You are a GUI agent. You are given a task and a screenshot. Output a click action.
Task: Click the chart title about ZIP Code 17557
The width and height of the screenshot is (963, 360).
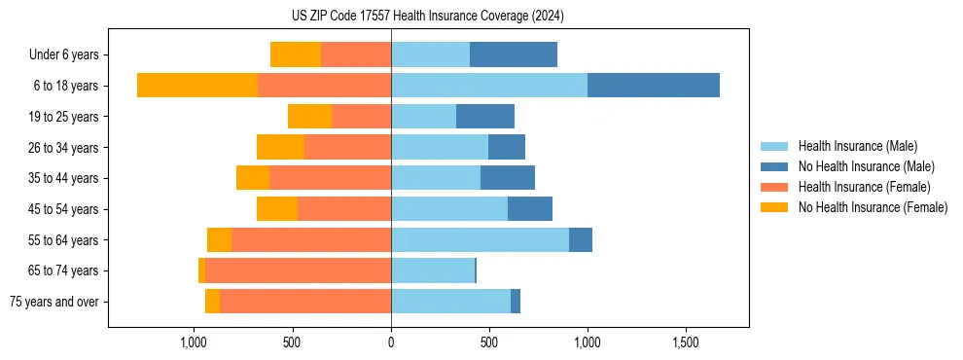(427, 17)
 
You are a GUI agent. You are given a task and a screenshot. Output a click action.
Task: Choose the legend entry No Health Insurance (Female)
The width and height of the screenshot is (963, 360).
(872, 207)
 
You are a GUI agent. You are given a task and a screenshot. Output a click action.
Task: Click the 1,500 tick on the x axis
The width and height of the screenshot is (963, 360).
(686, 342)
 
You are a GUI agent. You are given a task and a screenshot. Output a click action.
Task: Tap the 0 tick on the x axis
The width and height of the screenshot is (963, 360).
(391, 342)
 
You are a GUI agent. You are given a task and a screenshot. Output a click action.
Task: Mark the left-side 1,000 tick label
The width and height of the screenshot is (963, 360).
(194, 342)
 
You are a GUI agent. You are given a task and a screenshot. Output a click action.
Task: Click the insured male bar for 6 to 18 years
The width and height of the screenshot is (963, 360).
(489, 86)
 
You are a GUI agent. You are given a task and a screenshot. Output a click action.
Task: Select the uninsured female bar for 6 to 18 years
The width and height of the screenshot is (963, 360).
(197, 86)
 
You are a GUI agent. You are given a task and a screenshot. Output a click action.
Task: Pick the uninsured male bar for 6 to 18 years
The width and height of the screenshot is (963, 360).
(654, 86)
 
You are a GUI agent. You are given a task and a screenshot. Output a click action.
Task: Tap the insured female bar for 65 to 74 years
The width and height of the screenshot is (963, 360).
(298, 270)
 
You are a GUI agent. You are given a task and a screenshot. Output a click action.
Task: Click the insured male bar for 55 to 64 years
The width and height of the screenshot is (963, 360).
(480, 239)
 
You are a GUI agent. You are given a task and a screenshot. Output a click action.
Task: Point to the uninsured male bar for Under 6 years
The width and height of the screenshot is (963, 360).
(514, 55)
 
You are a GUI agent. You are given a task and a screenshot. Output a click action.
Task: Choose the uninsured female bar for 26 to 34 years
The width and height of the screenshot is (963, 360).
(280, 147)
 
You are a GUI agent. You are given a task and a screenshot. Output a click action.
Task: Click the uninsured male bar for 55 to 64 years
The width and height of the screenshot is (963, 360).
(581, 239)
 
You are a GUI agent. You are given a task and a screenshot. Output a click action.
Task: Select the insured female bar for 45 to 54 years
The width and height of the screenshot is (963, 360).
(344, 209)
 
